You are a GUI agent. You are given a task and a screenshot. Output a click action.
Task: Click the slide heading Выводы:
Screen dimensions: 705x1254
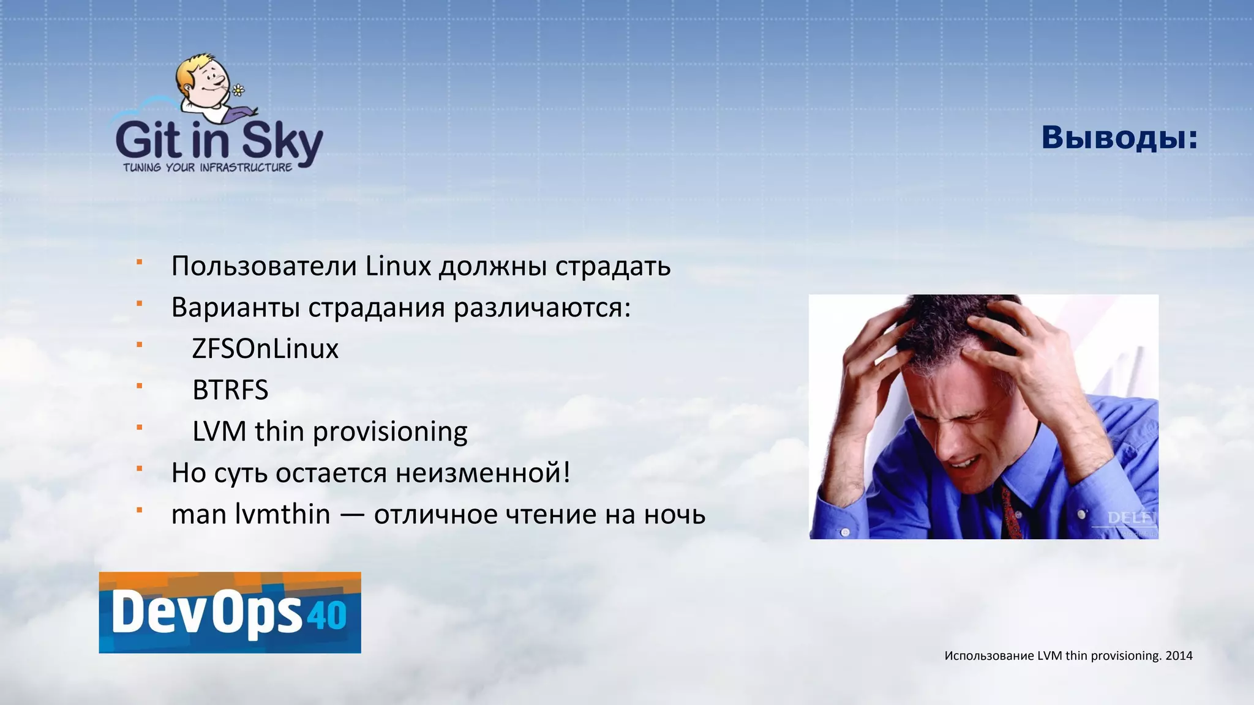click(x=1119, y=138)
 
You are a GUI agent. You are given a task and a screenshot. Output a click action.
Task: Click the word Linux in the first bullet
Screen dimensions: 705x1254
click(x=399, y=266)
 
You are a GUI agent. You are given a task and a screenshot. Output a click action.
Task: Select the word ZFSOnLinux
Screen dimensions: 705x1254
click(x=265, y=349)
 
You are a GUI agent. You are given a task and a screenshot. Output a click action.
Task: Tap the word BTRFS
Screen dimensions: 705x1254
click(x=230, y=390)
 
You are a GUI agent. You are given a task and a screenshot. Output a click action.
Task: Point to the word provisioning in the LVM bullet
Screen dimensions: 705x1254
click(x=390, y=432)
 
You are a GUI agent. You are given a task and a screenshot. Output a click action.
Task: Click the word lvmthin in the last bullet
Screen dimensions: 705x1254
click(x=282, y=514)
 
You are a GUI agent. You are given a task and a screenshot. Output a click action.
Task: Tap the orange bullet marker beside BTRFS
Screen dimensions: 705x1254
click(x=140, y=386)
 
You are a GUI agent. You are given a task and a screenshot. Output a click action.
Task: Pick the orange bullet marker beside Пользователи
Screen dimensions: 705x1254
click(x=140, y=262)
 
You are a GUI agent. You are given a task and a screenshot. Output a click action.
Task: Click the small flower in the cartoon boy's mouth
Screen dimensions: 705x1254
click(x=238, y=91)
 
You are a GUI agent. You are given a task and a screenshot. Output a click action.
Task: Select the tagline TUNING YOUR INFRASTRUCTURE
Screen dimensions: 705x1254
click(x=208, y=168)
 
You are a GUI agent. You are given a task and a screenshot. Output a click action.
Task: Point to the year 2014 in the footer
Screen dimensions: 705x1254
click(x=1179, y=656)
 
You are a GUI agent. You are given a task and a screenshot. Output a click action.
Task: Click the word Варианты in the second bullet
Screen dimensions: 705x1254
click(x=235, y=307)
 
